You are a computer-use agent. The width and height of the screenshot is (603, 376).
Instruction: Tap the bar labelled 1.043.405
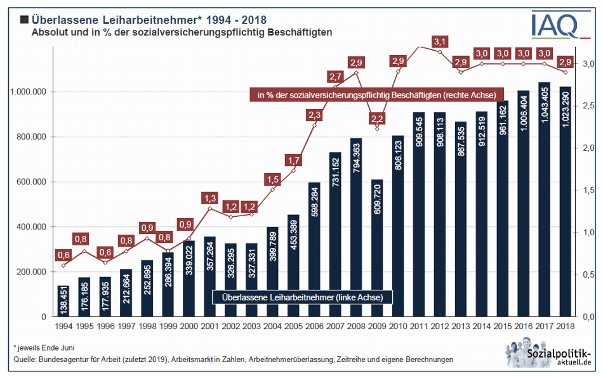click(x=544, y=199)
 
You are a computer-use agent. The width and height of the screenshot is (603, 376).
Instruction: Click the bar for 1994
click(x=63, y=301)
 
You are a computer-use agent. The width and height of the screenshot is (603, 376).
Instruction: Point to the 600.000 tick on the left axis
click(x=28, y=182)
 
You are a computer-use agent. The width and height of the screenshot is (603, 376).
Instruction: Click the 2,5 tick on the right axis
click(x=588, y=105)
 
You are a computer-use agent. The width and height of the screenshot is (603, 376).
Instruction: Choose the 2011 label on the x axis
click(x=418, y=326)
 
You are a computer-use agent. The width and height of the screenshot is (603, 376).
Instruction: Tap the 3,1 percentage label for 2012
click(x=441, y=42)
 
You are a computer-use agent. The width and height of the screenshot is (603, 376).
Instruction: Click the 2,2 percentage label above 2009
click(x=376, y=118)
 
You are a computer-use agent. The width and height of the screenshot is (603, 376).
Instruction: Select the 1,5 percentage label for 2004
click(x=272, y=179)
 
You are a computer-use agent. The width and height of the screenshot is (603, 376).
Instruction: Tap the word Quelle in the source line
click(x=25, y=359)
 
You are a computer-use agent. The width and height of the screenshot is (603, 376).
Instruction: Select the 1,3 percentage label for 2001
click(x=209, y=197)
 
